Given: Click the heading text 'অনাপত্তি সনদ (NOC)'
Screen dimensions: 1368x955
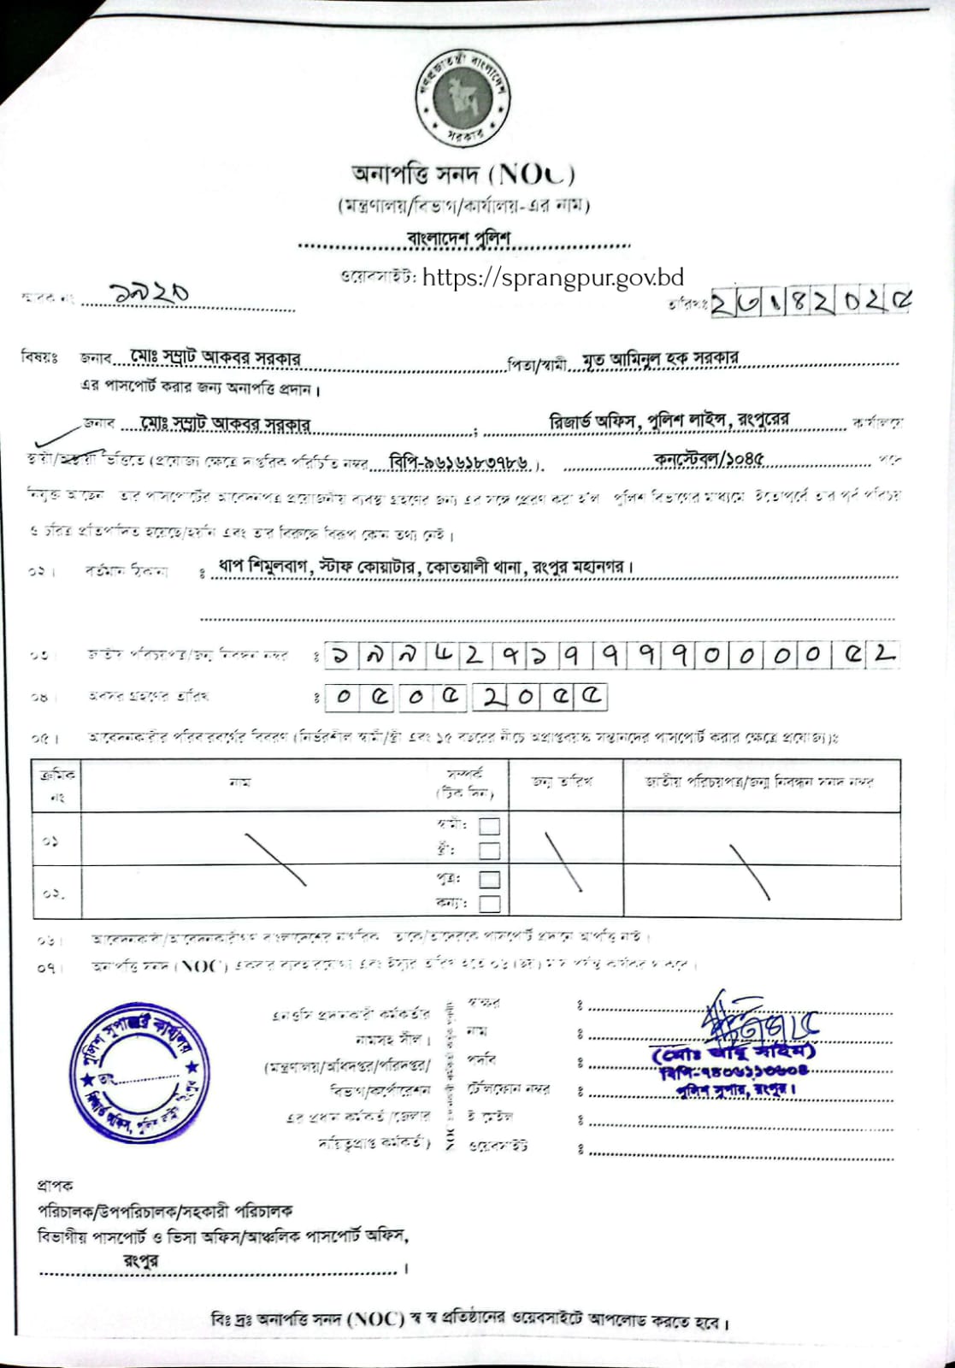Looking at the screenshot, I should coord(463,174).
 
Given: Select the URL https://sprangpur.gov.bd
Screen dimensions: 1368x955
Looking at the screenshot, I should coord(553,277).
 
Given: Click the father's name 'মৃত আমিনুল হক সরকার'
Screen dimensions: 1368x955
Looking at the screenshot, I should coord(660,358).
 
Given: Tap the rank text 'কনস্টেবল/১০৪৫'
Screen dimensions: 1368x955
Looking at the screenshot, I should coord(709,459).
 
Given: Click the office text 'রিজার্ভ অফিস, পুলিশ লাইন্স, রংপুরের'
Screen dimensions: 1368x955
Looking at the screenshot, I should coord(669,421).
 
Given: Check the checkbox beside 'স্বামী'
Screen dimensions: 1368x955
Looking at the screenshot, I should coord(490,826).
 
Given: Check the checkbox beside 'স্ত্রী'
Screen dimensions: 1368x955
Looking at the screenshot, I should coord(490,851).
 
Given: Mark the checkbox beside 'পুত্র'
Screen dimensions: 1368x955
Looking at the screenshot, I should coord(490,879).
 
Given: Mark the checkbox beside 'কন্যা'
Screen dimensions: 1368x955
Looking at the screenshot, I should coord(490,904).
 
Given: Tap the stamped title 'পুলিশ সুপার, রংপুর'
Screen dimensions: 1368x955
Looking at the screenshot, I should coord(735,1090).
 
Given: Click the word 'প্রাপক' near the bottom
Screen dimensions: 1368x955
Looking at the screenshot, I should coord(56,1186).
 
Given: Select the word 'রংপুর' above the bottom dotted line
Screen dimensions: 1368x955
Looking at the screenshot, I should coord(140,1260).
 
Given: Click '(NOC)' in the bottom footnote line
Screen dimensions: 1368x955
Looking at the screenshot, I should coord(375,1319).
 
